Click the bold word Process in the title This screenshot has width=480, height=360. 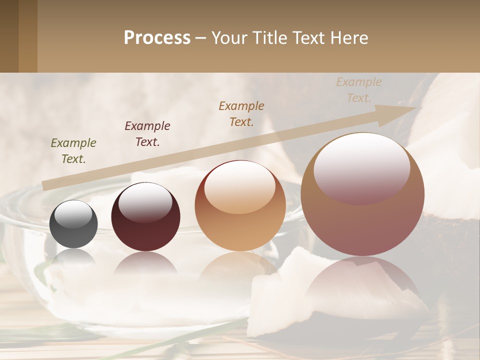pos(157,38)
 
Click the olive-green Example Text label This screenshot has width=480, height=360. pos(73,150)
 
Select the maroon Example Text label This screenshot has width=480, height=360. pos(147,133)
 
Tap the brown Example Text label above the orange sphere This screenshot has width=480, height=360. pos(241,113)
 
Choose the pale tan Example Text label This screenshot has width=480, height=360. pos(359,89)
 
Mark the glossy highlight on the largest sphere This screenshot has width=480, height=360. pos(362,168)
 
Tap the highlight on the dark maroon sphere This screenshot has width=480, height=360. pos(145,202)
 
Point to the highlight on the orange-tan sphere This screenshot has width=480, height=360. pos(240,187)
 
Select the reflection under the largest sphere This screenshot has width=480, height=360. pos(362,280)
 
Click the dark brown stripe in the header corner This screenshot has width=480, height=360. pos(9,36)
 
